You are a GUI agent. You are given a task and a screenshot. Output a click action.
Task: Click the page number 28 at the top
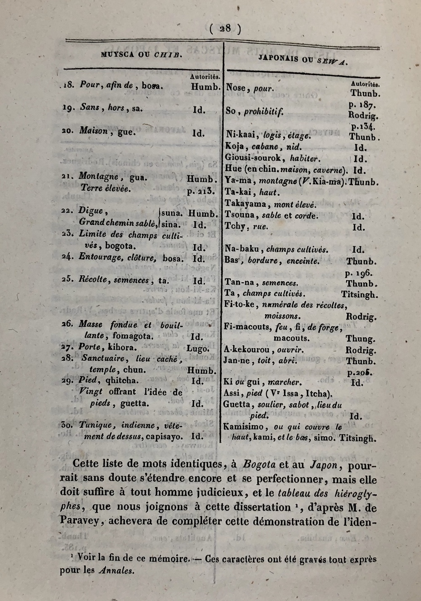[x=225, y=28]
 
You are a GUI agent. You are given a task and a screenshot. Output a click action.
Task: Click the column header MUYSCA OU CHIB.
[x=141, y=54]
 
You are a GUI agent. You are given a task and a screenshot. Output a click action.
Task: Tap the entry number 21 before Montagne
[x=67, y=177]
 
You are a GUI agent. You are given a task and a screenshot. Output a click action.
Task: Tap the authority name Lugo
[x=198, y=348]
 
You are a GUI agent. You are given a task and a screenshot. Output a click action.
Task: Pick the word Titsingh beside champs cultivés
[x=360, y=295]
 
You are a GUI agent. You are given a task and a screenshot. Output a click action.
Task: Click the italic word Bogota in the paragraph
[x=259, y=465]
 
